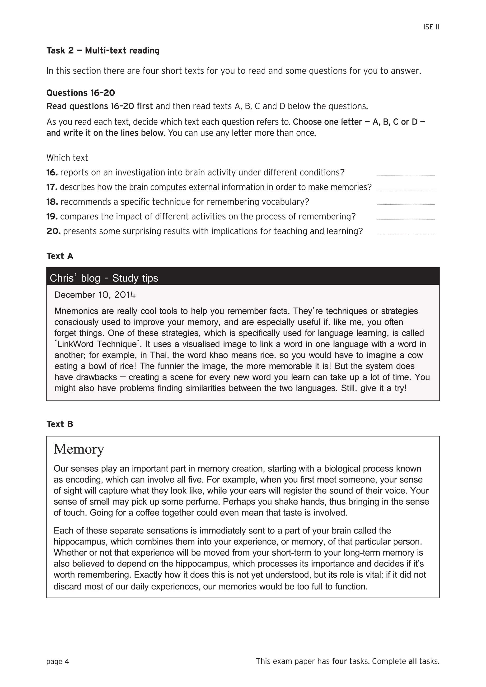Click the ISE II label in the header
pyautogui.click(x=431, y=27)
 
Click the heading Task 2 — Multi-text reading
pyautogui.click(x=103, y=51)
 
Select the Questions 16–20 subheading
pyautogui.click(x=80, y=93)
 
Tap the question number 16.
pyautogui.click(x=52, y=173)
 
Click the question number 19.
pyautogui.click(x=52, y=217)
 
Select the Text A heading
pyautogui.click(x=60, y=256)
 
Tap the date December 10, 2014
pyautogui.click(x=95, y=295)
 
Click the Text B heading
pyautogui.click(x=60, y=424)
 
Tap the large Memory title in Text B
pyautogui.click(x=79, y=449)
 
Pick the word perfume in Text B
pyautogui.click(x=204, y=502)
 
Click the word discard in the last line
pyautogui.click(x=68, y=586)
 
